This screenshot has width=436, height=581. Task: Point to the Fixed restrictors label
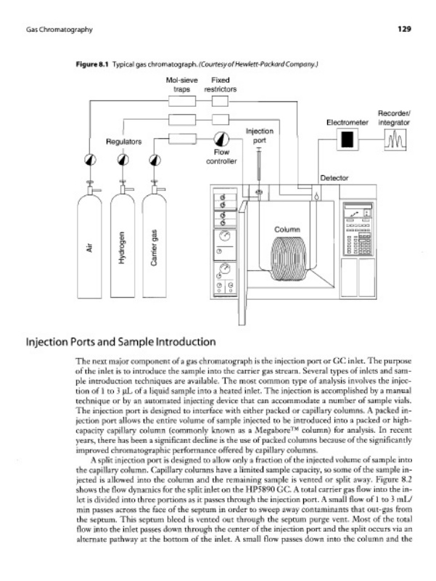pos(220,85)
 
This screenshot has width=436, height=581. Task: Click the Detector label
pos(334,177)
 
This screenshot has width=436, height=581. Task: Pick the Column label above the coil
pos(287,230)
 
